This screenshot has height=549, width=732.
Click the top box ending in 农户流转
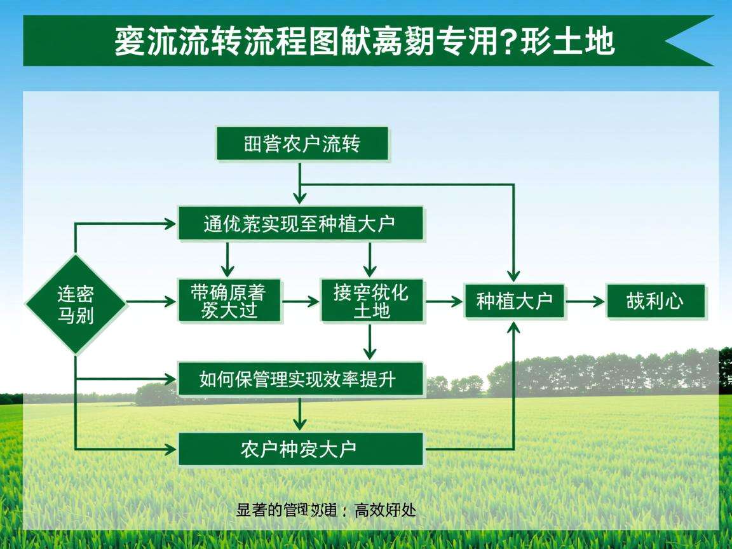[x=302, y=144]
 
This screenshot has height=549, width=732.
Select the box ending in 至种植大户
[x=301, y=223]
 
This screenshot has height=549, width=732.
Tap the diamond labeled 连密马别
[x=76, y=304]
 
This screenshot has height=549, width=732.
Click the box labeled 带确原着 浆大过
[x=228, y=301]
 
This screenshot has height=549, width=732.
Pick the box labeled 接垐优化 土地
[x=372, y=301]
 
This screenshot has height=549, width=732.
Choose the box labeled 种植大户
[x=514, y=301]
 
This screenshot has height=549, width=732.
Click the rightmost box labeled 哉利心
[x=656, y=301]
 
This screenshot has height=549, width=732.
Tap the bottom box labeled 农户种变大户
[x=301, y=449]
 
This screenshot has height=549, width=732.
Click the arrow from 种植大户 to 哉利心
[x=585, y=301]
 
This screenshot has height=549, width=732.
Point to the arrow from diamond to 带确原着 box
[x=151, y=301]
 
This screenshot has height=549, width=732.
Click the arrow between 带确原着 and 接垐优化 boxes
[x=300, y=301]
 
